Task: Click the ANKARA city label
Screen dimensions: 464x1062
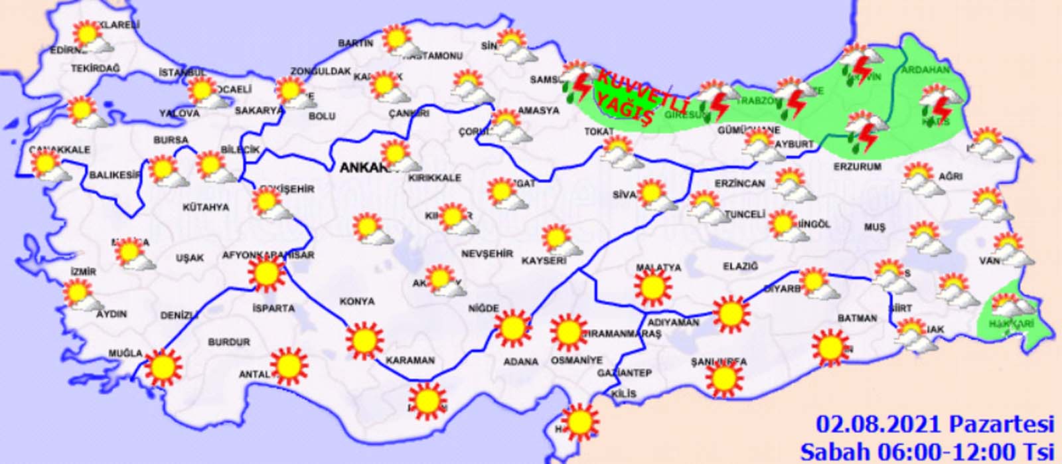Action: point(364,169)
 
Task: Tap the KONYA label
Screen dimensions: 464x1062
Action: point(357,301)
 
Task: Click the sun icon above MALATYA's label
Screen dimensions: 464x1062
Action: point(652,287)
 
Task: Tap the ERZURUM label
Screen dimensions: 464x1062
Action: point(858,167)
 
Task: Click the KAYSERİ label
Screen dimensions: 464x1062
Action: point(544,261)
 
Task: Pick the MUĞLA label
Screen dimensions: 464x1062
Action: point(126,353)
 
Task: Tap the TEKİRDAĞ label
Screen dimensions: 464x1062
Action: point(95,68)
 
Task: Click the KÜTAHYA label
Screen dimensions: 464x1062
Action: point(206,208)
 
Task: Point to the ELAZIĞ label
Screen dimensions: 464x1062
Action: point(740,266)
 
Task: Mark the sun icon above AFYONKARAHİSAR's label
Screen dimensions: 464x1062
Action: point(266,273)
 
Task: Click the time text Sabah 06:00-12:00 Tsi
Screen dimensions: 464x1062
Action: point(927,451)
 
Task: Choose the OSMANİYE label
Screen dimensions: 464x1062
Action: point(577,360)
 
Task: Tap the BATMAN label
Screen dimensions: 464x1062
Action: point(857,319)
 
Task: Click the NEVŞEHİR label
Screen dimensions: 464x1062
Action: point(487,254)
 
